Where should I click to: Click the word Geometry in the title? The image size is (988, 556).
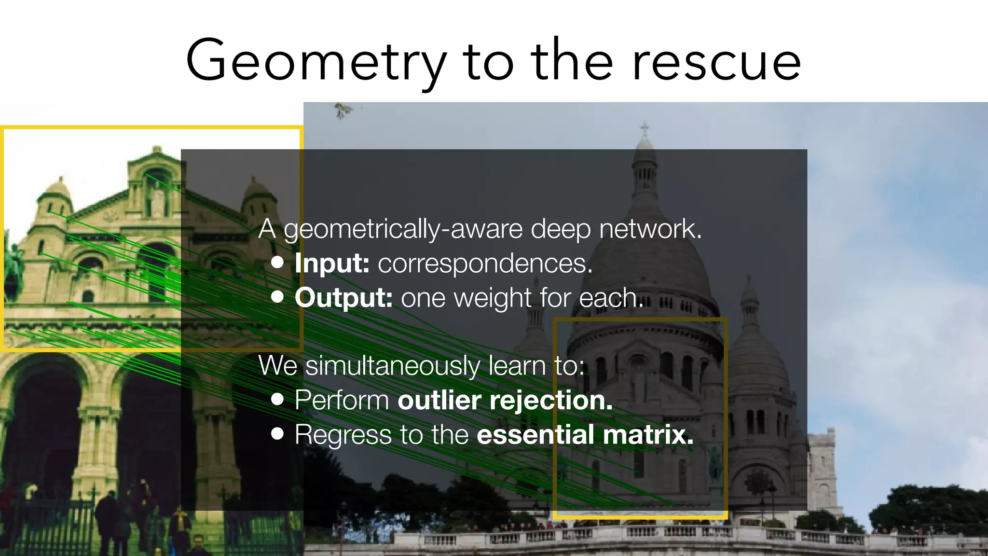click(316, 62)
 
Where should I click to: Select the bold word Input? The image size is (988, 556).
click(332, 263)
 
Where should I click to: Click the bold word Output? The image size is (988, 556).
click(343, 297)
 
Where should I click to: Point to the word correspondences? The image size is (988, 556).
click(485, 264)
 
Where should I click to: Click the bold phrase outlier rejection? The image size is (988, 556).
click(505, 400)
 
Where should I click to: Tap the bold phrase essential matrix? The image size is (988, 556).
click(585, 434)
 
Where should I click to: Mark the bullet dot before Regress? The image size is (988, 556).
click(277, 433)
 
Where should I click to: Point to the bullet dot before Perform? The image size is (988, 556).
click(277, 399)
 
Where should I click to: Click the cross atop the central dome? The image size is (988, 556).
click(644, 128)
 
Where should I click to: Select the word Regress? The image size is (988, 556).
click(343, 435)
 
